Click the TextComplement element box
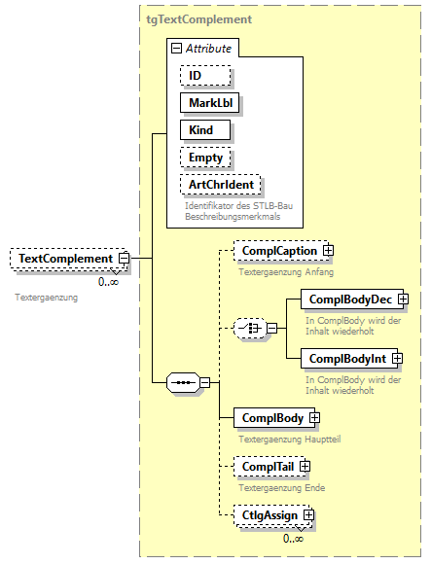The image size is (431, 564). [64, 259]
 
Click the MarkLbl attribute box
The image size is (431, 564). [208, 102]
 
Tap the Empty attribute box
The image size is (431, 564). [205, 157]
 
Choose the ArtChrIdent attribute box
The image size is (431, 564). [222, 184]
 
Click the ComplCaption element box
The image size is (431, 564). [278, 251]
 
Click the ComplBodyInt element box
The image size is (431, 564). [346, 359]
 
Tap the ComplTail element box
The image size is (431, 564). [267, 467]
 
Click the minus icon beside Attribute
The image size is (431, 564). [175, 48]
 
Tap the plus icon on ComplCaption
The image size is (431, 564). [328, 251]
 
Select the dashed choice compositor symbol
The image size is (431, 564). [251, 329]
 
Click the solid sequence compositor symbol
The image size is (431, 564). [183, 383]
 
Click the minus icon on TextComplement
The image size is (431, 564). [125, 259]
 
